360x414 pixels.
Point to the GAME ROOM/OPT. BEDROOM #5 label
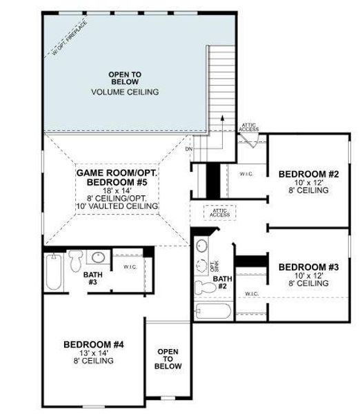pos(117,177)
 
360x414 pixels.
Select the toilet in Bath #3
pos(77,259)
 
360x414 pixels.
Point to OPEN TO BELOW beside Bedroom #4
pos(168,359)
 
